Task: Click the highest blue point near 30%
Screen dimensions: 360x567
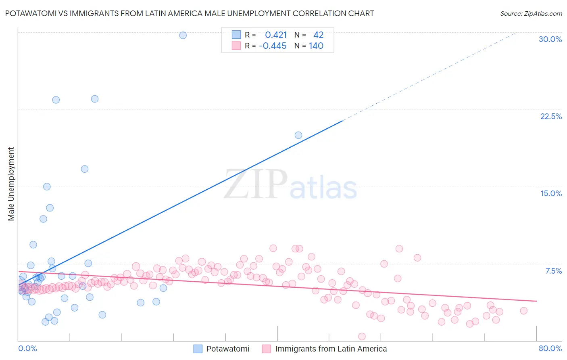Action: [183, 35]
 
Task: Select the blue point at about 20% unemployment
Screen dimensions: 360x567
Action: [298, 135]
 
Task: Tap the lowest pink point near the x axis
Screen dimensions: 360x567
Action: [362, 336]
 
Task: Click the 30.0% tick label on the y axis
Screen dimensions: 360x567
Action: [550, 39]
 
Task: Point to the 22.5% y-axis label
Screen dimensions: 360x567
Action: [551, 116]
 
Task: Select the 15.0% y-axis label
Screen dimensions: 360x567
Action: [551, 193]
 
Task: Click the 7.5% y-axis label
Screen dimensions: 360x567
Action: [553, 271]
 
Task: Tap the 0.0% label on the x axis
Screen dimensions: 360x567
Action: [27, 348]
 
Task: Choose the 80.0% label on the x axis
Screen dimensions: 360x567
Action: [550, 348]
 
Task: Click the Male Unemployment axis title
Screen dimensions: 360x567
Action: [11, 184]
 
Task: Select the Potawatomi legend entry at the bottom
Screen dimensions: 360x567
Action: [227, 349]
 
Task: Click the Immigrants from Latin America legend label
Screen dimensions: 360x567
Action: [331, 349]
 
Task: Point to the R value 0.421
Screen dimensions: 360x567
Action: [276, 35]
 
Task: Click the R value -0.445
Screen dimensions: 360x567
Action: [273, 46]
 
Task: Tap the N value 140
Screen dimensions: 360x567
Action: [316, 46]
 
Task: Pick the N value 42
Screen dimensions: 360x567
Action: [318, 35]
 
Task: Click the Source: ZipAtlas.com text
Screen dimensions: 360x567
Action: [531, 14]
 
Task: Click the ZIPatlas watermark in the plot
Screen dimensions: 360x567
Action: [290, 184]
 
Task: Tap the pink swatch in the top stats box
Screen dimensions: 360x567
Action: [236, 46]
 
